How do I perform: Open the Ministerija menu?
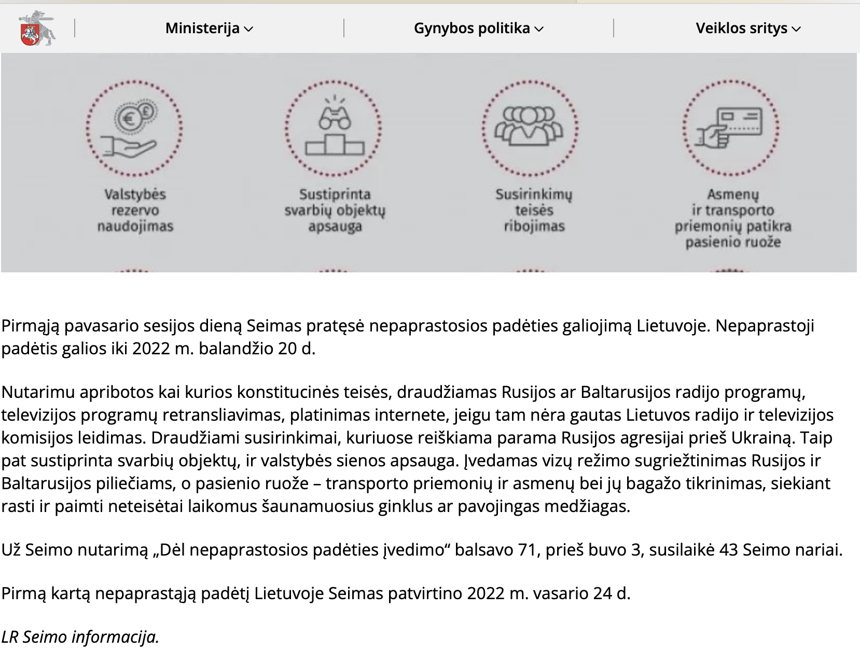[209, 29]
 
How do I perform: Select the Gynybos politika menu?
[478, 29]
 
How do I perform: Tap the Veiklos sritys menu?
[747, 29]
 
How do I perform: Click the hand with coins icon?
[134, 129]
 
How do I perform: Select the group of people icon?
[530, 127]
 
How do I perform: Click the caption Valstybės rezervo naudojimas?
[135, 210]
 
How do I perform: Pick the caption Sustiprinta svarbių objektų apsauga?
[335, 210]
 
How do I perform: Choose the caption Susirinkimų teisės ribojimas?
[534, 210]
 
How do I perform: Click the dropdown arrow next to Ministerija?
[249, 29]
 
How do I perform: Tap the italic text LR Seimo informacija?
[80, 637]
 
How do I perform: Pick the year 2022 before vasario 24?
[486, 593]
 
